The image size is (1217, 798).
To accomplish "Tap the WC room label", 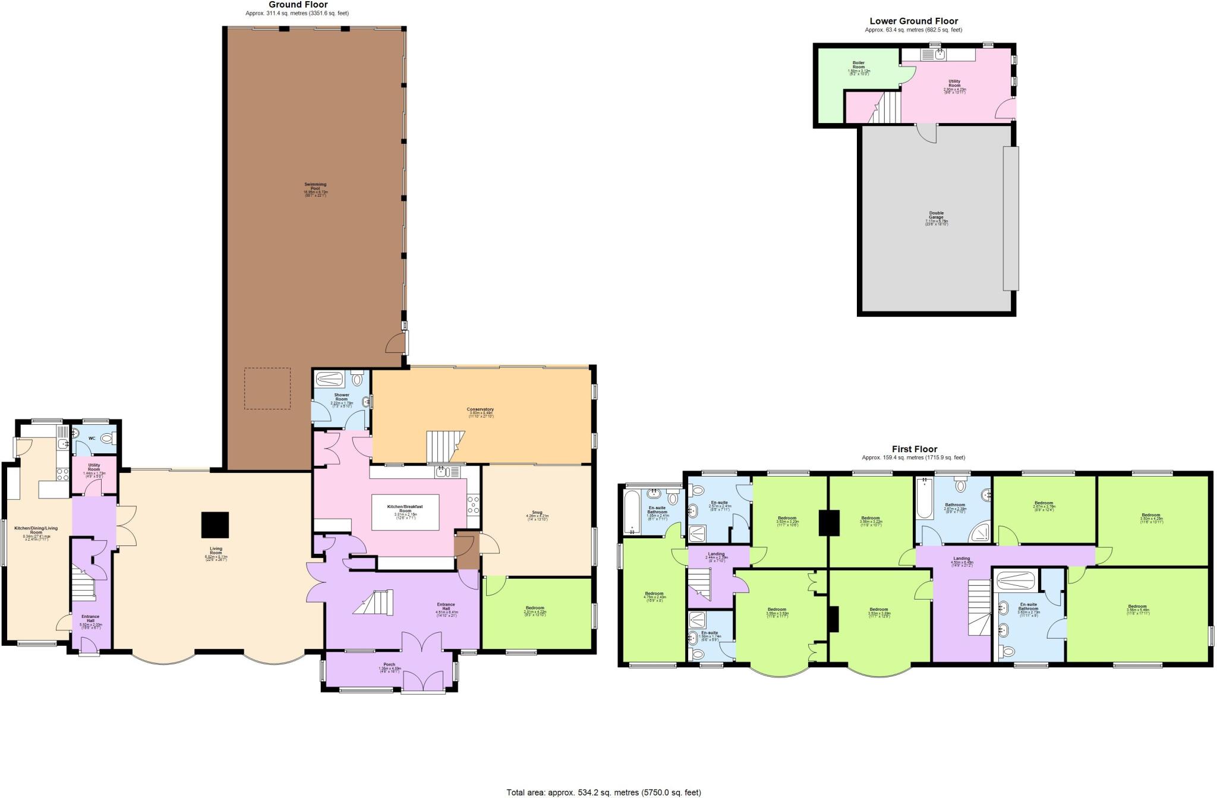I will pos(92,439).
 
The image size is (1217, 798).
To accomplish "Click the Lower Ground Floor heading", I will pos(913,21).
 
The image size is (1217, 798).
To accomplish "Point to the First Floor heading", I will pos(914,449).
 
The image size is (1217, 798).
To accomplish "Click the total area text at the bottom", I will pos(603,792).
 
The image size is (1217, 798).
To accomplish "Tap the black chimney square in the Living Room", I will pos(215,525).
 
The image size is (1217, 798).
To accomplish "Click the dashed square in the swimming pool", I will pos(267,388).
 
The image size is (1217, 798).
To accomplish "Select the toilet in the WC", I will pos(108,439).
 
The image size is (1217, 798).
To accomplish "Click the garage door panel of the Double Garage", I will pos(1010,218).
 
